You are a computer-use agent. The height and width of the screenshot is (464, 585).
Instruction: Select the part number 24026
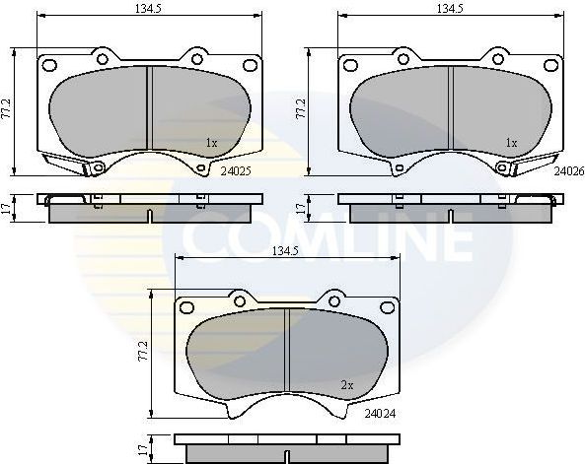click(x=567, y=169)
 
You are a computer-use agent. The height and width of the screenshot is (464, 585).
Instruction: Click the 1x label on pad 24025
click(x=211, y=143)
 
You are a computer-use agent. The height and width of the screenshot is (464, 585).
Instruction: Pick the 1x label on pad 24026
click(x=511, y=143)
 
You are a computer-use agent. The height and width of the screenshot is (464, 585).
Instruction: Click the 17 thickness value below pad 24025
click(x=9, y=207)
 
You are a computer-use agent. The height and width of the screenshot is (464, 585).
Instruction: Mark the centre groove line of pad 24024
click(x=285, y=351)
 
